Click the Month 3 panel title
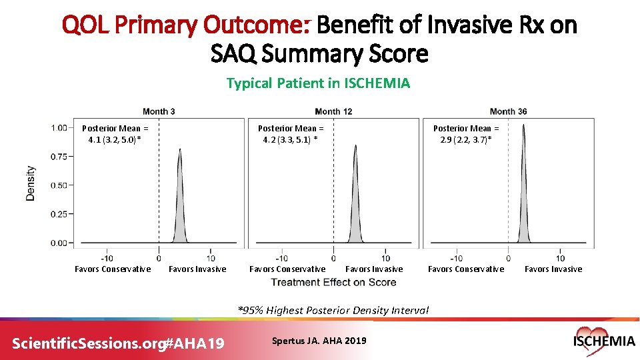coord(159,111)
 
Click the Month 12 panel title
coord(333,111)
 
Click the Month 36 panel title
coord(508,111)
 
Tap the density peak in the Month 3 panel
coord(179,151)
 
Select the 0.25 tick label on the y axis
coord(61,214)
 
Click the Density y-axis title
coord(31,183)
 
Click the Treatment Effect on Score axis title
coord(333,282)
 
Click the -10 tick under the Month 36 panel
coord(455,258)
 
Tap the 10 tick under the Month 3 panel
coord(211,258)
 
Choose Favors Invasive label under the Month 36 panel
coord(553,269)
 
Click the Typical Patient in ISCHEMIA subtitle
coord(318,83)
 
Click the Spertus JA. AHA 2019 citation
coord(319,341)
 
